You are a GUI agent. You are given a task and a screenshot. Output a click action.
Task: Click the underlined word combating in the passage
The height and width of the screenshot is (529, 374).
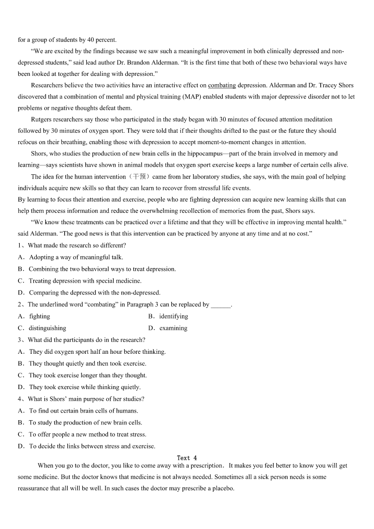pyautogui.click(x=222, y=85)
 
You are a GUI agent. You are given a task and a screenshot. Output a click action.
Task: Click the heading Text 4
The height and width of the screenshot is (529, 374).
pyautogui.click(x=187, y=458)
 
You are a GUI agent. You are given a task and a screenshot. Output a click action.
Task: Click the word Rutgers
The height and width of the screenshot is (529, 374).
pyautogui.click(x=43, y=119)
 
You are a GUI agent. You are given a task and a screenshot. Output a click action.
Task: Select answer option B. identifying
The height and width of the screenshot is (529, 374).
pyautogui.click(x=168, y=316)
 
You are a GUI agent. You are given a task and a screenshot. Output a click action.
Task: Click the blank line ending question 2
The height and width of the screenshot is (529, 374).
pyautogui.click(x=221, y=305)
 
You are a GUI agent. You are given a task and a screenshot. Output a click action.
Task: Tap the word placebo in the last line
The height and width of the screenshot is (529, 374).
pyautogui.click(x=223, y=488)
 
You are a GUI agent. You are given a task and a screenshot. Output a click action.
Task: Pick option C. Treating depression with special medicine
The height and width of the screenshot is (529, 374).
pyautogui.click(x=80, y=281)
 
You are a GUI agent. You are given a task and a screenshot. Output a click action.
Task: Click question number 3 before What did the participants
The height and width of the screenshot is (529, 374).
pyautogui.click(x=20, y=340)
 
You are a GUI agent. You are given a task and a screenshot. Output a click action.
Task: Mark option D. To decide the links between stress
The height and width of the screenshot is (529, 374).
pyautogui.click(x=87, y=446)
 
